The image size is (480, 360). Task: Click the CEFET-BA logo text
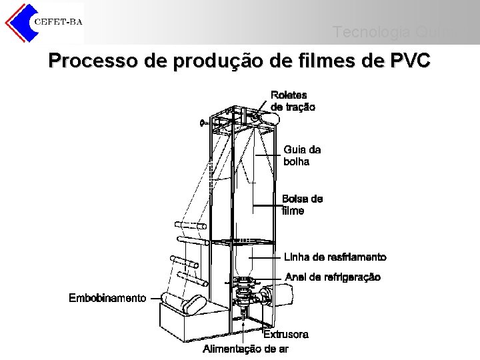pyautogui.click(x=58, y=22)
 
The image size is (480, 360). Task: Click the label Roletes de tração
pyautogui.click(x=293, y=101)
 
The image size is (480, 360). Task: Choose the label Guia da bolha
pyautogui.click(x=302, y=156)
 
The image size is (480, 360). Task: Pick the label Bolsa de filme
pyautogui.click(x=302, y=205)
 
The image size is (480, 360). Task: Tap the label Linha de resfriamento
pyautogui.click(x=335, y=257)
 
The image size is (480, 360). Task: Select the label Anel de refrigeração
pyautogui.click(x=333, y=277)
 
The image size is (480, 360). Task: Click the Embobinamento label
pyautogui.click(x=107, y=298)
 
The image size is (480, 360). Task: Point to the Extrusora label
pyautogui.click(x=286, y=334)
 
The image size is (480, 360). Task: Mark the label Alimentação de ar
pyautogui.click(x=245, y=349)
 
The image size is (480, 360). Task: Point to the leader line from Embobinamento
pyautogui.click(x=157, y=298)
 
